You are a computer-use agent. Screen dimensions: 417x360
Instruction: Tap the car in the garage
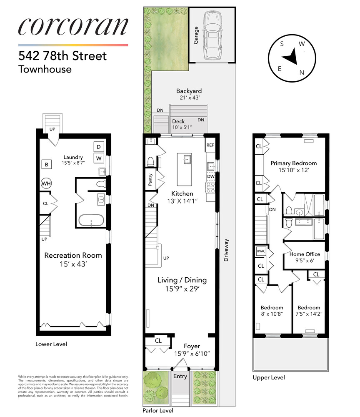[x=212, y=33]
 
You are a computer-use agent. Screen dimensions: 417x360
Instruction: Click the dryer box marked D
[x=99, y=147]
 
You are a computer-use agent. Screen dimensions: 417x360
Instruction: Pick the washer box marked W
[x=99, y=158]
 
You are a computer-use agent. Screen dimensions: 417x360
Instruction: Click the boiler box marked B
[x=46, y=165]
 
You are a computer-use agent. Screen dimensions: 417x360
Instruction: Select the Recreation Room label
[x=73, y=255]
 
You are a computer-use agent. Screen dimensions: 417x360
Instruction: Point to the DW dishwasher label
[x=210, y=176]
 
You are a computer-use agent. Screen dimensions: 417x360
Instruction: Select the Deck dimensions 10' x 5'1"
[x=182, y=128]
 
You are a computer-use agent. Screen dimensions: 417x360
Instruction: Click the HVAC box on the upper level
[x=260, y=252]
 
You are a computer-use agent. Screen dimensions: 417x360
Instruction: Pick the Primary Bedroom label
[x=293, y=163]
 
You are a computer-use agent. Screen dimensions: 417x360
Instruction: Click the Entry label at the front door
[x=181, y=377]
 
